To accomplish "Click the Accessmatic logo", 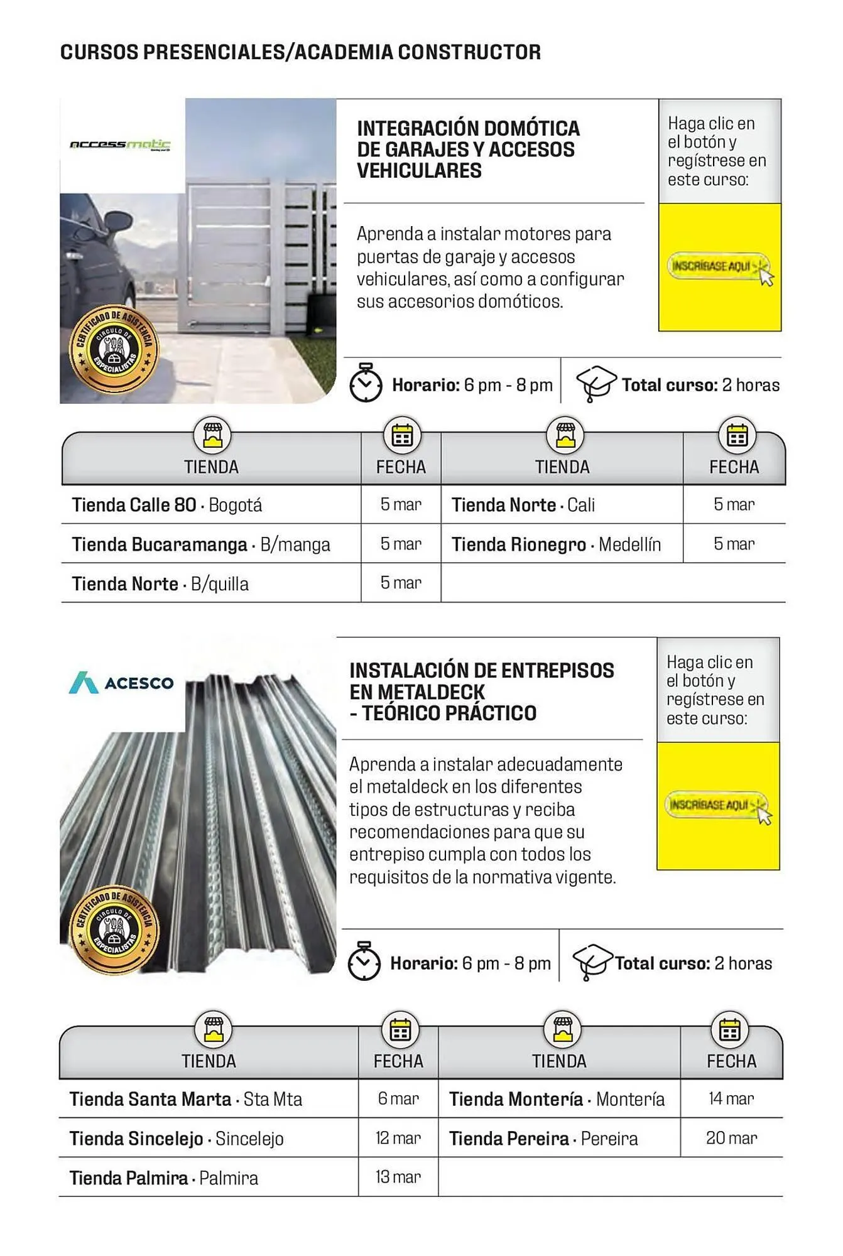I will pos(120,145).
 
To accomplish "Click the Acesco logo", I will pos(121,683).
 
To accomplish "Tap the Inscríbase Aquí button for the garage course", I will pos(716,266).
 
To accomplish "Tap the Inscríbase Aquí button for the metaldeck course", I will pos(714,805).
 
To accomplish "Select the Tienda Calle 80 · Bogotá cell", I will pos(167,505).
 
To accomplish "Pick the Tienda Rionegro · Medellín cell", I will pos(556,544).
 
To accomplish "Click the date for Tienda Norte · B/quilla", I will pos(401,583).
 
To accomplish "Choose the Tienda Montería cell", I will pos(557,1099).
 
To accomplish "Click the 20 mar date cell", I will pos(731,1138).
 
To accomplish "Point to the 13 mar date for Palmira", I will pos(398,1177).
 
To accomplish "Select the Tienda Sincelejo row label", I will pos(177,1139).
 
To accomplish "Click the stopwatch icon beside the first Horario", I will pos(366,382).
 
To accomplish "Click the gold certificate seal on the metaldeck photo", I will pos(114,930).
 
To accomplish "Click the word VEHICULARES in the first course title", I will pos(419,171).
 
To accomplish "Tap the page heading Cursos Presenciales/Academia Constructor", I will pos(300,52).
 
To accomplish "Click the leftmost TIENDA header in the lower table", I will pos(209,1061).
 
